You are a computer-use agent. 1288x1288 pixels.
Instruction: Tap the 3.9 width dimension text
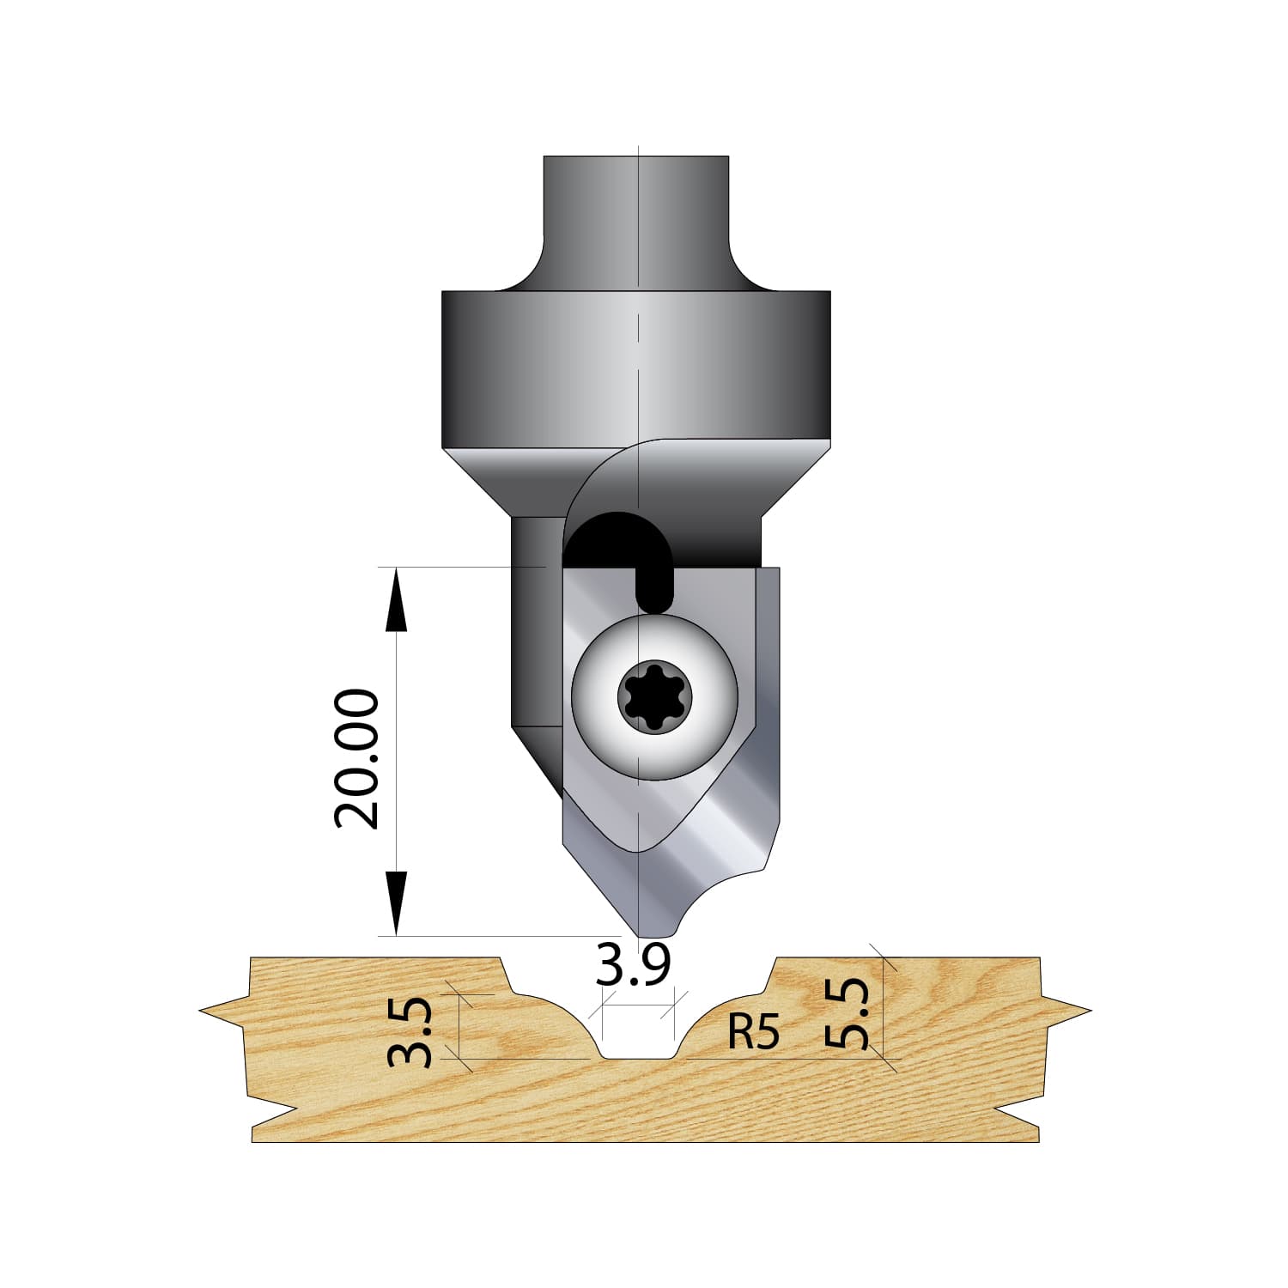(633, 966)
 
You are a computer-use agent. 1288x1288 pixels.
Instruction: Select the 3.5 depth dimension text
(410, 1031)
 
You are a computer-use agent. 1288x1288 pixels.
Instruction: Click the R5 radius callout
(753, 1032)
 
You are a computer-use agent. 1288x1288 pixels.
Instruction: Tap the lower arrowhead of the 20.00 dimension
(395, 903)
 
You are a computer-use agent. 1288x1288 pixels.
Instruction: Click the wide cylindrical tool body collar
(636, 369)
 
